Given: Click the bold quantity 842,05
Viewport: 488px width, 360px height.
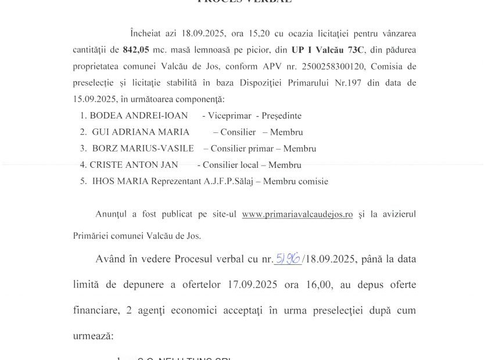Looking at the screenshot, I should (x=137, y=50).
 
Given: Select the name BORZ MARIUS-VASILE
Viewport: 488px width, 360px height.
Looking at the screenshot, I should (x=143, y=149).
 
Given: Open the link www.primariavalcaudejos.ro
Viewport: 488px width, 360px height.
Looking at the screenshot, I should (x=297, y=214).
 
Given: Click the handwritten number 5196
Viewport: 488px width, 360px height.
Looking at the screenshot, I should (x=288, y=258).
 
